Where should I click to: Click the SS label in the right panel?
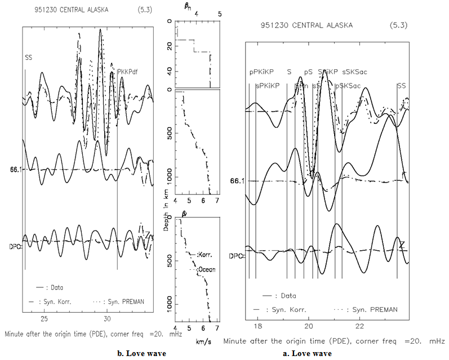pyautogui.click(x=401, y=86)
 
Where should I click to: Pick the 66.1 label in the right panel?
pyautogui.click(x=238, y=181)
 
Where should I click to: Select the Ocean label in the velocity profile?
pyautogui.click(x=207, y=270)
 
